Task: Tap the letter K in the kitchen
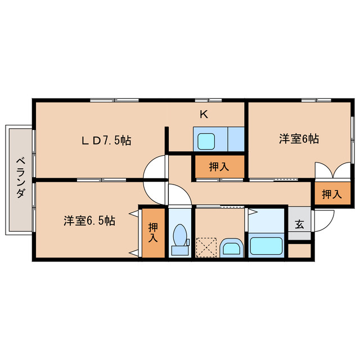click(x=204, y=114)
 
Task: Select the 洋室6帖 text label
click(x=299, y=139)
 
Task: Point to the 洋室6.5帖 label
click(x=89, y=221)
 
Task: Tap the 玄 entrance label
click(x=299, y=224)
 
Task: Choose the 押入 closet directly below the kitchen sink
click(x=219, y=166)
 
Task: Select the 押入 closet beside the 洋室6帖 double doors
click(x=331, y=194)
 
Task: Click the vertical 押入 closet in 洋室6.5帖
click(x=154, y=232)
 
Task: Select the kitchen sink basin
click(x=206, y=139)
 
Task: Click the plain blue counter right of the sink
click(x=236, y=139)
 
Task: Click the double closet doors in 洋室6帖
click(x=332, y=170)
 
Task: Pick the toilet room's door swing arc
click(x=178, y=196)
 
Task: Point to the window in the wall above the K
click(x=214, y=100)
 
